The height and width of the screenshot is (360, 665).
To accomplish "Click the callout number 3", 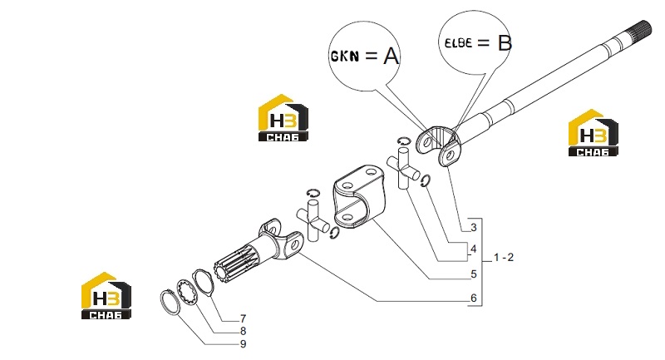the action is [x=474, y=228].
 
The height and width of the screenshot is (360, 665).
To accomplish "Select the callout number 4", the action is [x=474, y=249].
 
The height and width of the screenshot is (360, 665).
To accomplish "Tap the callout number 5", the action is [x=474, y=274].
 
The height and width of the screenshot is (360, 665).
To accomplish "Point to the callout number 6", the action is [x=474, y=298].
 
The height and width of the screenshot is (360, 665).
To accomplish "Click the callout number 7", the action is [x=243, y=318].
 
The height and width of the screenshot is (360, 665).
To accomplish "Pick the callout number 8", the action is [x=243, y=331].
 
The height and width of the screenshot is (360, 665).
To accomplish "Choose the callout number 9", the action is [x=243, y=344].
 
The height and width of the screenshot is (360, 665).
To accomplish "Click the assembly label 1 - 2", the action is [x=504, y=258].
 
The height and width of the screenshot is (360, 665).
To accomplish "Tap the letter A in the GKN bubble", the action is [x=391, y=56].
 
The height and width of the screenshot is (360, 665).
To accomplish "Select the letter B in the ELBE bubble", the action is [x=505, y=43].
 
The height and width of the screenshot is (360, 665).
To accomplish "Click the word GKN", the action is [x=344, y=56].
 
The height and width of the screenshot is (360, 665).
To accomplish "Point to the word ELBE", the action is [x=459, y=43].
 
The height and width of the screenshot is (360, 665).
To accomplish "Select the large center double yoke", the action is [x=359, y=195].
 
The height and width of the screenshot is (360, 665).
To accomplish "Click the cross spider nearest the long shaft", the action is [x=403, y=167].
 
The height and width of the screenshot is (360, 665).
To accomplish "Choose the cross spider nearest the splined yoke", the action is [x=313, y=220].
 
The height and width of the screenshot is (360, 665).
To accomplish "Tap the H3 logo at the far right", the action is [x=593, y=133].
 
